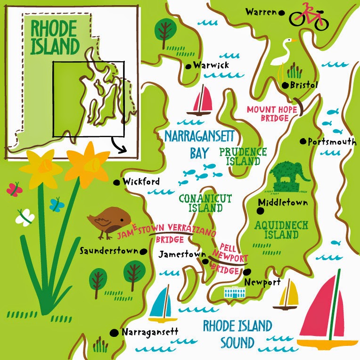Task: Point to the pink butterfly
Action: [x=14, y=189]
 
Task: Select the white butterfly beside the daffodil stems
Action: [x=25, y=218]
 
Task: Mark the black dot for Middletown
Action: [x=260, y=203]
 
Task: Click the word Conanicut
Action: [x=205, y=198]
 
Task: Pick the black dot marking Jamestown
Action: [x=205, y=261]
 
